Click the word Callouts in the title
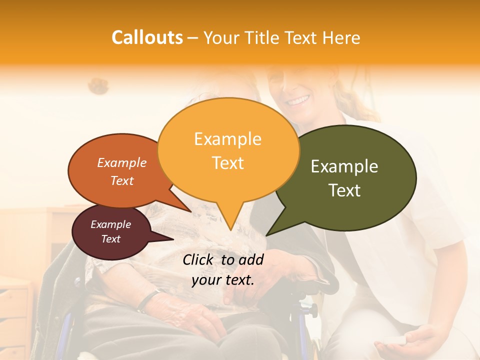[147, 37]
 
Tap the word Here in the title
[341, 38]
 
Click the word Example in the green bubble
[344, 166]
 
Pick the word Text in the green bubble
[344, 190]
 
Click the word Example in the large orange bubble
[227, 139]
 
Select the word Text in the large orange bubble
[227, 163]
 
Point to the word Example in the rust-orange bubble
[122, 163]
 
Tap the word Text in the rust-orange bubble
[122, 181]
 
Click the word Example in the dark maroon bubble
[110, 224]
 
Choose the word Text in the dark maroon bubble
[110, 239]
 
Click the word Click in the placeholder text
[199, 259]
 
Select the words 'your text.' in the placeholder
[223, 280]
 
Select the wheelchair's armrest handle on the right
[320, 287]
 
